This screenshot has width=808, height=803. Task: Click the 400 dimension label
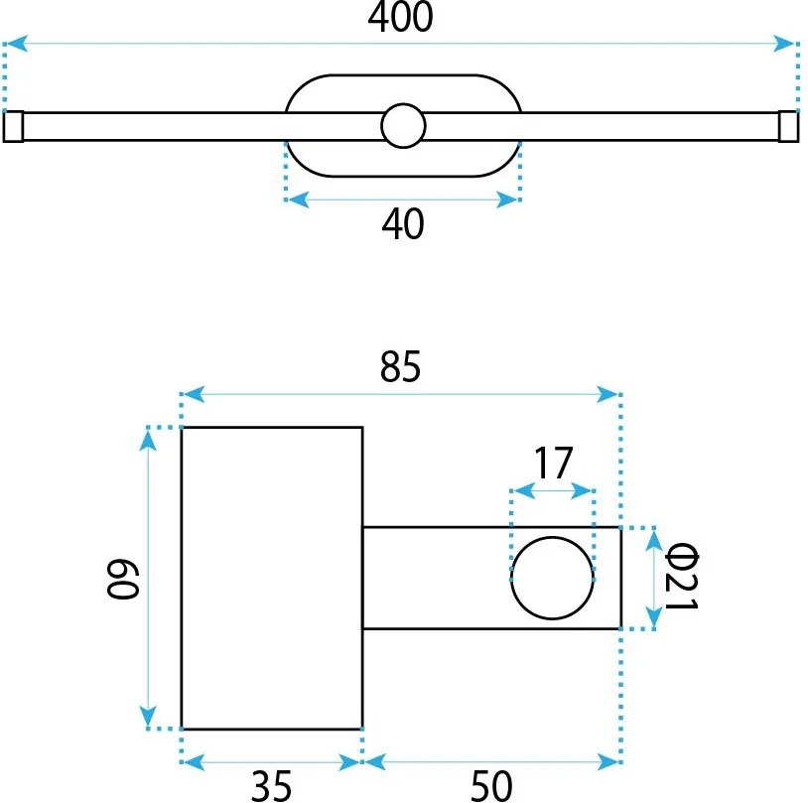tap(400, 17)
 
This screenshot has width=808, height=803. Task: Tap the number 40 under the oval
tap(403, 223)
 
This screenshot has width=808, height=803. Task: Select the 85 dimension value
tap(400, 366)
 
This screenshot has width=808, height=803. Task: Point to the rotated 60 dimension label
tap(123, 579)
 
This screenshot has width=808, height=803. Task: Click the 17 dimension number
tap(553, 463)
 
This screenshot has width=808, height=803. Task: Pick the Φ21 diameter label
tap(681, 577)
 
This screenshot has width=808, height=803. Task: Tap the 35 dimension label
tap(271, 786)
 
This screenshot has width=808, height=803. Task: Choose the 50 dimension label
tap(491, 786)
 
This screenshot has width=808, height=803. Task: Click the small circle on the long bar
tap(403, 126)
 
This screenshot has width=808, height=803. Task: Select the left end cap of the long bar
tap(13, 126)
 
